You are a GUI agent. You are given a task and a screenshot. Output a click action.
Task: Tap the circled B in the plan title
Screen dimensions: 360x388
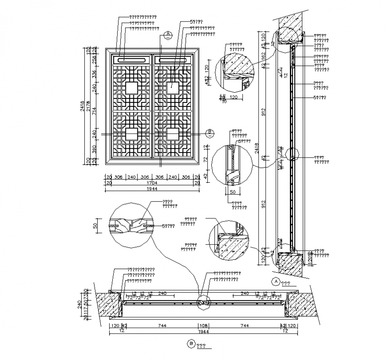pos(191,344)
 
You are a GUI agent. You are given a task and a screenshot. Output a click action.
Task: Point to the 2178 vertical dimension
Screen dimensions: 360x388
pos(88,106)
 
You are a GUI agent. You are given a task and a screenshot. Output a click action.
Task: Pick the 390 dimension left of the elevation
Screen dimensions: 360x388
pos(94,148)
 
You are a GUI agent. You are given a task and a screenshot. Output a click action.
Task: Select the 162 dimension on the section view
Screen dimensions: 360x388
pos(263,56)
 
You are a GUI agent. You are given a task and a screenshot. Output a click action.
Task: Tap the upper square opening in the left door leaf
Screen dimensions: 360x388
pos(131,88)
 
